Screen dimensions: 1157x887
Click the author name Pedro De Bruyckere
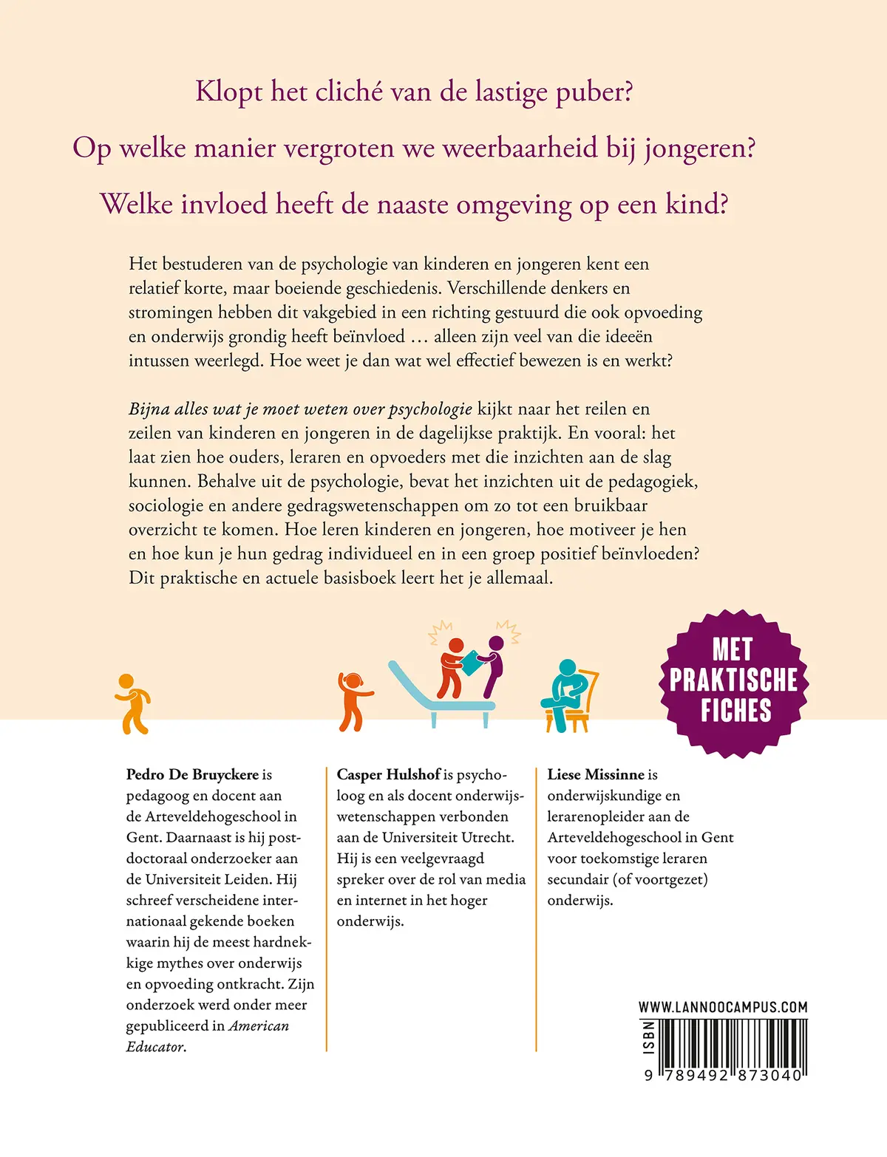tap(192, 774)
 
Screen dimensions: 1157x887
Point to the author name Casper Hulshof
tap(388, 774)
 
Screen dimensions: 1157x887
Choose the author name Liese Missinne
tap(596, 774)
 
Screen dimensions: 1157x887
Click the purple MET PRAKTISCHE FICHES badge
tap(733, 681)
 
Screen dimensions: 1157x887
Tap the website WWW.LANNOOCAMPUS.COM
tap(723, 1007)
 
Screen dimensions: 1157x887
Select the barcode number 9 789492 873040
tap(723, 1076)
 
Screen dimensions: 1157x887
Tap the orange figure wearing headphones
tap(353, 701)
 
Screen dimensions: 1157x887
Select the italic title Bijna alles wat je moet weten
tap(300, 409)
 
